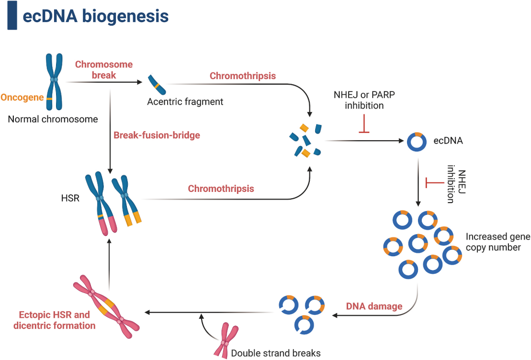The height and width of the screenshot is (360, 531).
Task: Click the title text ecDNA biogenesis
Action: [x=95, y=16]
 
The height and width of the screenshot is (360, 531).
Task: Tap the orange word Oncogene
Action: [x=22, y=97]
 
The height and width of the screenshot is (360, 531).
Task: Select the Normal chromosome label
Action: [x=53, y=119]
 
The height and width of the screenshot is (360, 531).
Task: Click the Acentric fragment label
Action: [x=185, y=102]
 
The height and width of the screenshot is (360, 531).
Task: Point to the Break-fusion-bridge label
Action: [x=157, y=135]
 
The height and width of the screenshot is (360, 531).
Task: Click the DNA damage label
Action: [x=374, y=306]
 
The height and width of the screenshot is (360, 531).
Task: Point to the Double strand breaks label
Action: [x=275, y=353]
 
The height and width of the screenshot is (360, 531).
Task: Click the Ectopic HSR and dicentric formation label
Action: [x=55, y=320]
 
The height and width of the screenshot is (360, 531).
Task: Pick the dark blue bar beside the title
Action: [x=12, y=15]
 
